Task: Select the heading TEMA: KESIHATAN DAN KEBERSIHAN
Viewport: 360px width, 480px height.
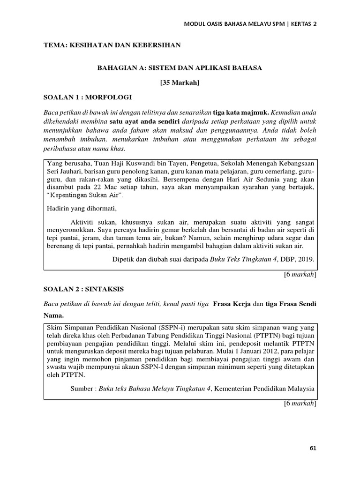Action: click(112, 45)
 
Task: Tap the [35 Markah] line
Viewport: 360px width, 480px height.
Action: click(180, 82)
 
